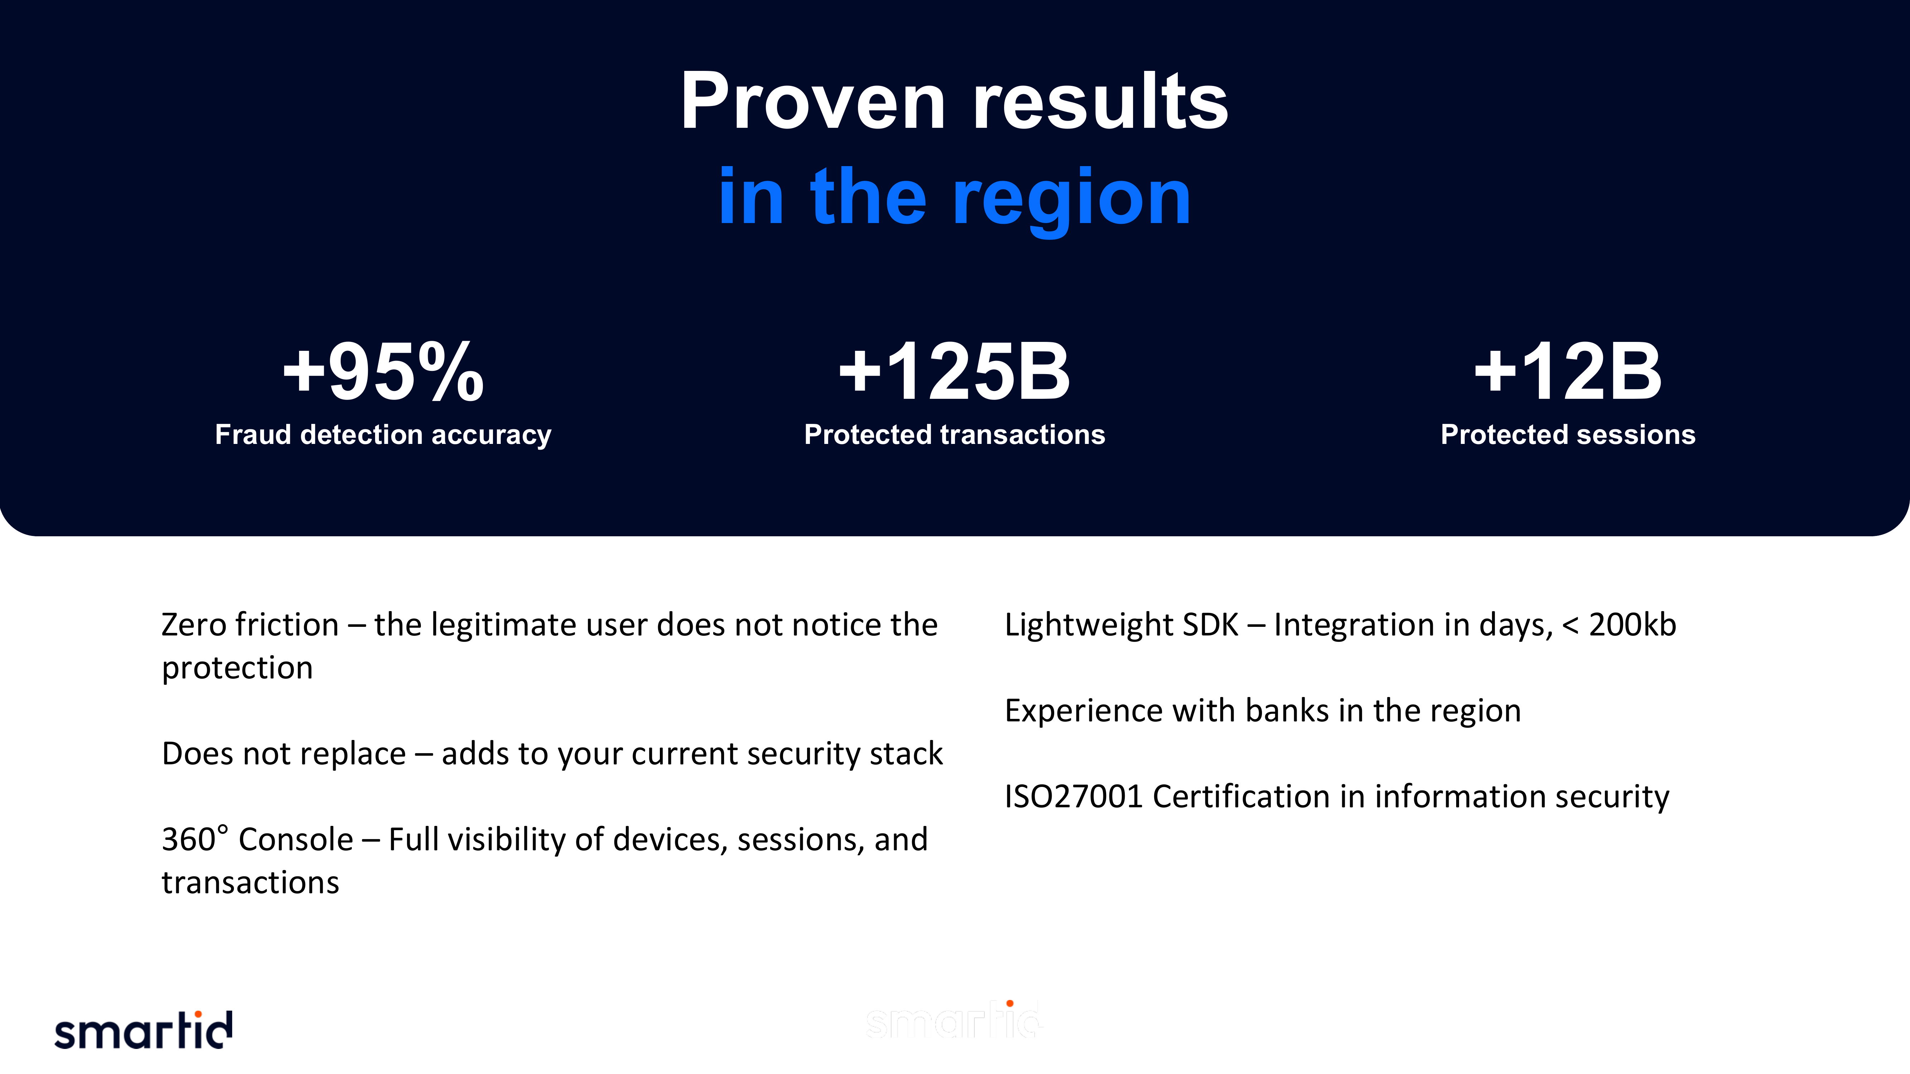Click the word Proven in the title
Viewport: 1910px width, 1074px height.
[813, 102]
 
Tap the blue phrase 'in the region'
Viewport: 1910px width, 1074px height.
[954, 197]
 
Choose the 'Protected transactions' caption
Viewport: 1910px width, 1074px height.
[954, 434]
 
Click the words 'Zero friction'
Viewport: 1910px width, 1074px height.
[250, 625]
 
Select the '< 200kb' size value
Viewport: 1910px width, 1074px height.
[1619, 625]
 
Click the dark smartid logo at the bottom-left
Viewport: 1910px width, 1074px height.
[143, 1030]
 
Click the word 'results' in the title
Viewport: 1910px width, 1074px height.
[1100, 102]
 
